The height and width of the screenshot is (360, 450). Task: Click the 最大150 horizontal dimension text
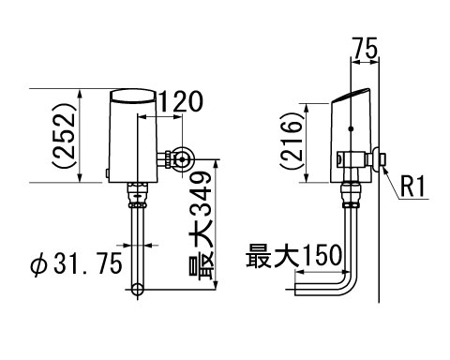(x=291, y=256)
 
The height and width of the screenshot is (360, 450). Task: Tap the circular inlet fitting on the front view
(x=183, y=159)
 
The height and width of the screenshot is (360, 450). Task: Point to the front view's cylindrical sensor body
(x=135, y=141)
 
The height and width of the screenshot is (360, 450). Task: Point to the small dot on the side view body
(x=349, y=128)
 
